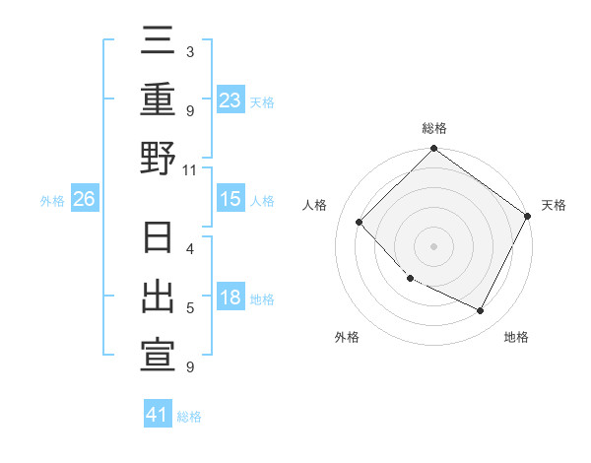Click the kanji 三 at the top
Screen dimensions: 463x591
click(158, 43)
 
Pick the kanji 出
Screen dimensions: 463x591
click(158, 298)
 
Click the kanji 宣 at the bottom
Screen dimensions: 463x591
click(158, 355)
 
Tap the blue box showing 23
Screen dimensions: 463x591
click(230, 99)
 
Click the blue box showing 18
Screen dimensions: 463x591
click(230, 298)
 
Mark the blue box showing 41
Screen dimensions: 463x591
click(158, 415)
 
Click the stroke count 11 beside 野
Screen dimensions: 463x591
click(190, 170)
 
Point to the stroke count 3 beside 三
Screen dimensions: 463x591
click(190, 51)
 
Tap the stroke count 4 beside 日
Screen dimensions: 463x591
click(190, 249)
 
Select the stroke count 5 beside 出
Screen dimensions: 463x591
click(190, 308)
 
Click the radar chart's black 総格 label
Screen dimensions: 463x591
click(434, 128)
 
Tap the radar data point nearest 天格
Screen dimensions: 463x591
click(528, 216)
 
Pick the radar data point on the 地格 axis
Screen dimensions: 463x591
click(481, 310)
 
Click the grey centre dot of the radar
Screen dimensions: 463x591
click(433, 246)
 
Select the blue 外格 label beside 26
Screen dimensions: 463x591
click(52, 201)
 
